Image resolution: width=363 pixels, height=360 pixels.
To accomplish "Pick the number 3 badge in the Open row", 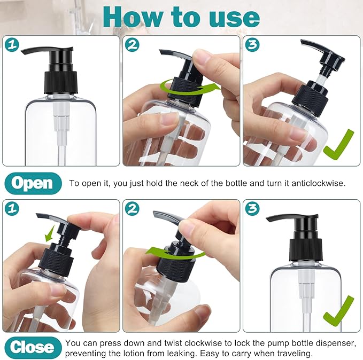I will (252, 45).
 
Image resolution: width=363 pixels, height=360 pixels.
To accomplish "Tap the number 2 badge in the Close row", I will (132, 209).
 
